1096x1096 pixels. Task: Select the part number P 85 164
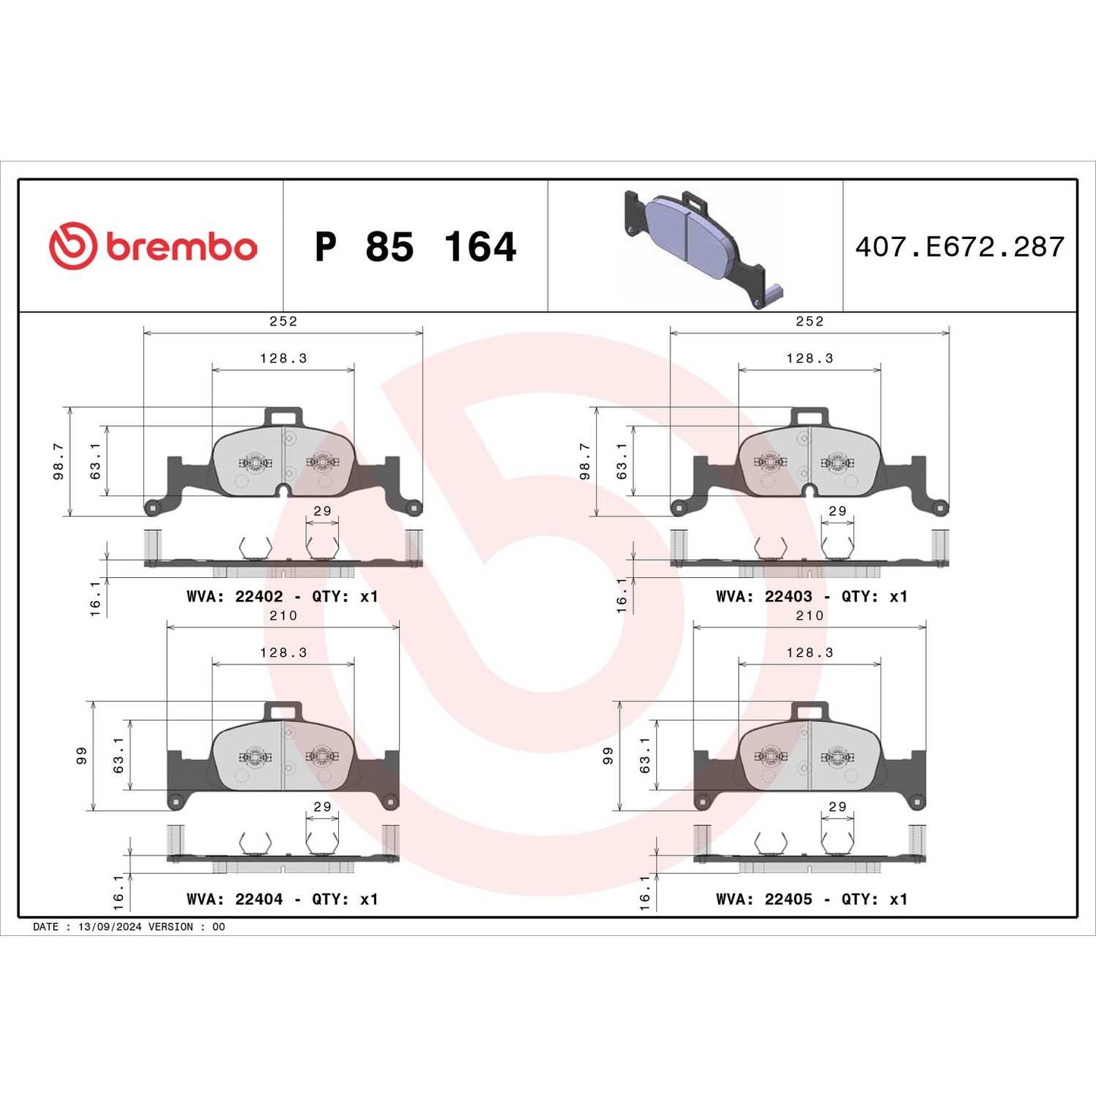[x=415, y=247]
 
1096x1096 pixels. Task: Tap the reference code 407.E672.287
[x=959, y=247]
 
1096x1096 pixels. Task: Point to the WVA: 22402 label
[x=234, y=597]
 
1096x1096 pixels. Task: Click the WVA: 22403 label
[x=764, y=597]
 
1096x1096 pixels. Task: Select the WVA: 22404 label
[x=234, y=900]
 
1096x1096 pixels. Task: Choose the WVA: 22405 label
[x=764, y=900]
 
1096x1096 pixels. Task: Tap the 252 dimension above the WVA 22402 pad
[x=283, y=322]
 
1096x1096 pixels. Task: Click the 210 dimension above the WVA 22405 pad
[x=809, y=616]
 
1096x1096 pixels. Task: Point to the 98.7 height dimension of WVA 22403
[x=585, y=462]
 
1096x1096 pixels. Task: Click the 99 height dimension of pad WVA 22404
[x=81, y=755]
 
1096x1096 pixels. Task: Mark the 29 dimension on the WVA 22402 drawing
[x=322, y=511]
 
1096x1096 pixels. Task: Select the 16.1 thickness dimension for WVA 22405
[x=645, y=892]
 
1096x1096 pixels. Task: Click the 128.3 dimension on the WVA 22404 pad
[x=283, y=653]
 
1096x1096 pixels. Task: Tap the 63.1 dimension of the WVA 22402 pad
[x=96, y=462]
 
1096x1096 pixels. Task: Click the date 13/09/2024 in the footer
[x=109, y=927]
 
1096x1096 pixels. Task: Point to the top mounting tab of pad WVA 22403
[x=809, y=416]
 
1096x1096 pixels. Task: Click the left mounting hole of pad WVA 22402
[x=153, y=507]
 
